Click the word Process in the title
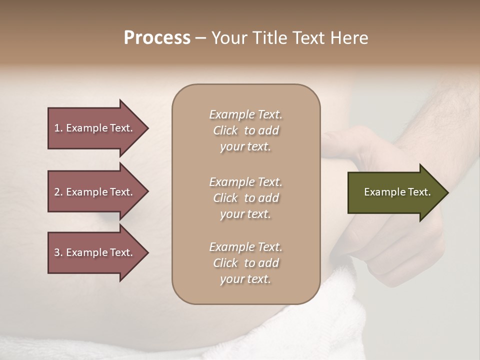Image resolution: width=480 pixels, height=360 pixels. tap(157, 38)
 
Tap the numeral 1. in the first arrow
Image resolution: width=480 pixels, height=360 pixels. tap(58, 128)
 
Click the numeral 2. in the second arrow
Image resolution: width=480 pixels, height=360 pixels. tap(58, 192)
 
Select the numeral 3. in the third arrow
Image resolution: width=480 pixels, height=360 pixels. tap(58, 252)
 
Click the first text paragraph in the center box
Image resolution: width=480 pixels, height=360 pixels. tap(245, 130)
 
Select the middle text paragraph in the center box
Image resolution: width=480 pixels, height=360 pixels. tap(245, 198)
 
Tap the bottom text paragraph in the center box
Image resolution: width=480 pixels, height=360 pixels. tap(245, 263)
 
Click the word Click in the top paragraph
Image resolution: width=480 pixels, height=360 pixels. tap(225, 130)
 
